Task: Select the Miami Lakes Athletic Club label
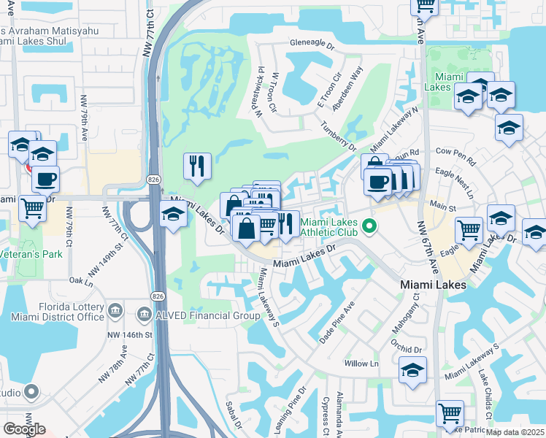pos(331,228)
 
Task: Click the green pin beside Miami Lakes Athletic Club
pos(370,227)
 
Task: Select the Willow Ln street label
pos(364,364)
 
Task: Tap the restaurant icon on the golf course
pos(197,166)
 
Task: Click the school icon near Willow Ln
pos(412,370)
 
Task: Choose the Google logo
pos(24,429)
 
